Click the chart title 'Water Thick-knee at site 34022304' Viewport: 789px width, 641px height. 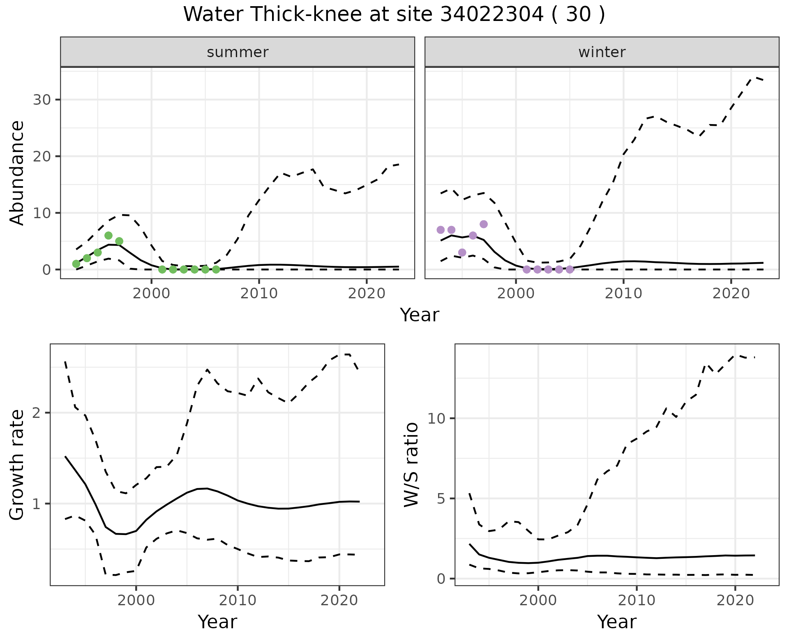pos(394,15)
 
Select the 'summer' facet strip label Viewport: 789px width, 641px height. pos(238,52)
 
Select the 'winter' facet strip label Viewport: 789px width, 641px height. pos(602,52)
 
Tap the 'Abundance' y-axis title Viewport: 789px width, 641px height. pos(17,173)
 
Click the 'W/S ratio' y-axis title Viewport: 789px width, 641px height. pos(411,465)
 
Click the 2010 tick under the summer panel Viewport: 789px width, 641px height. pos(259,294)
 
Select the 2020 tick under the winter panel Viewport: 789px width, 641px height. pos(731,294)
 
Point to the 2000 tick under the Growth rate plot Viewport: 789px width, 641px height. pos(136,600)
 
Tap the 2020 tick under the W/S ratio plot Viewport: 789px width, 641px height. pos(735,600)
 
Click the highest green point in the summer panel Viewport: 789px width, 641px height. pos(108,235)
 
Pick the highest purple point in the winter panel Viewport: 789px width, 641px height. pos(484,224)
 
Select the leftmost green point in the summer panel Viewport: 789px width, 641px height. pos(76,264)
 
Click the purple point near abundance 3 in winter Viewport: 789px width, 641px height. pos(462,252)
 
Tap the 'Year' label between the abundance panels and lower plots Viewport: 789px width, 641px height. pos(420,315)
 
